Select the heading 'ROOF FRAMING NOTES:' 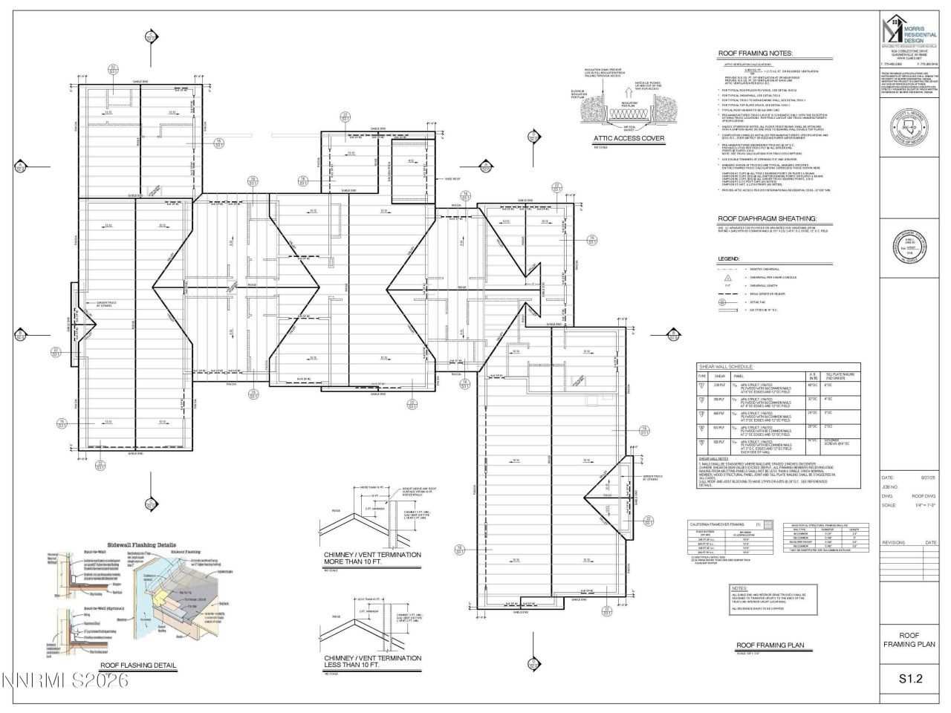pyautogui.click(x=755, y=53)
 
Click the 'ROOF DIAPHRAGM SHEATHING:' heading pyautogui.click(x=767, y=219)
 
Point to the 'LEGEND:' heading pyautogui.click(x=728, y=258)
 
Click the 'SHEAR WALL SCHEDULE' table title pyautogui.click(x=724, y=367)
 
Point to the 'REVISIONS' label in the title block pyautogui.click(x=894, y=543)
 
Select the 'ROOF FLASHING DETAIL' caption pyautogui.click(x=138, y=665)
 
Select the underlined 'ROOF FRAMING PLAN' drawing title pyautogui.click(x=770, y=645)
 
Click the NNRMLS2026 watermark pyautogui.click(x=65, y=680)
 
